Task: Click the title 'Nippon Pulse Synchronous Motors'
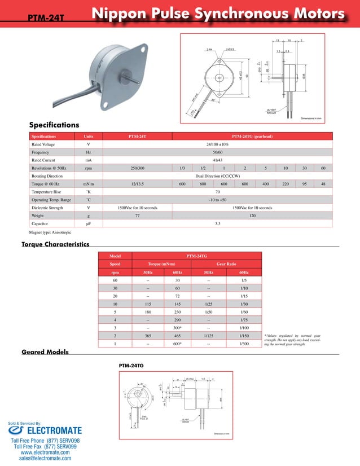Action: (x=218, y=14)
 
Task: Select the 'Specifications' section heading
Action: (x=54, y=125)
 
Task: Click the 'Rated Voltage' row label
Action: (x=43, y=144)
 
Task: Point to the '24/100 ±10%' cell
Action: (x=217, y=144)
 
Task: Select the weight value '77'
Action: (x=137, y=216)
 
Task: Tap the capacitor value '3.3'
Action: (x=217, y=224)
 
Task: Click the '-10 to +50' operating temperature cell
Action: (x=217, y=200)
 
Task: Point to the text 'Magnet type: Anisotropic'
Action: (x=51, y=232)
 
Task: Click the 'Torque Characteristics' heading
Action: (x=55, y=244)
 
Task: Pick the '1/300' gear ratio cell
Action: (x=244, y=344)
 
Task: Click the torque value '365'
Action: (x=148, y=336)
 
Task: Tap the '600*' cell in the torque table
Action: (x=178, y=344)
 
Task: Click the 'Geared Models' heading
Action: (x=45, y=352)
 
